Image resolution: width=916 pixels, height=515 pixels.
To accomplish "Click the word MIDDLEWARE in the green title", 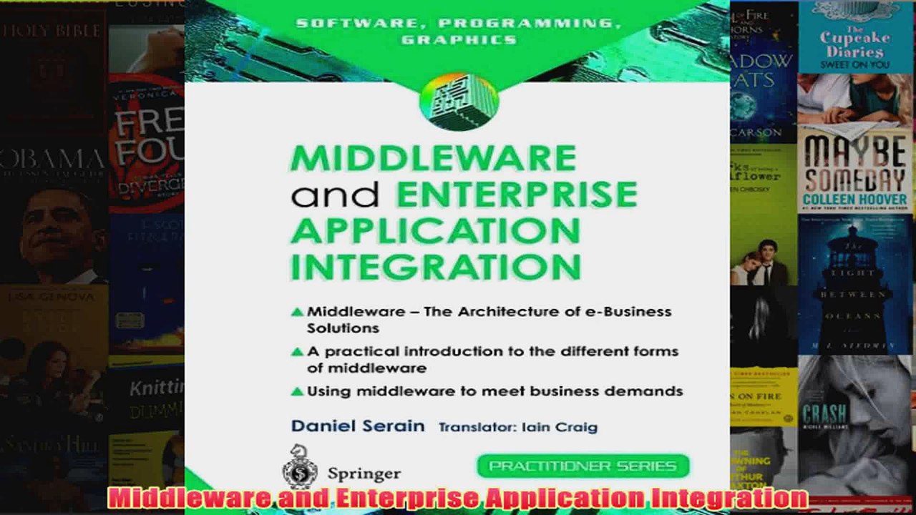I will (433, 158).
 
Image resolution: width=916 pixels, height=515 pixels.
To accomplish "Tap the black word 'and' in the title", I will (335, 194).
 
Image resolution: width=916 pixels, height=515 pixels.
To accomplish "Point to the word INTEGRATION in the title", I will (435, 266).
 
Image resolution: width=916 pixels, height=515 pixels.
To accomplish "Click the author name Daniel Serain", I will (357, 426).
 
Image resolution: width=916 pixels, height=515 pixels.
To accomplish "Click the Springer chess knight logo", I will (300, 467).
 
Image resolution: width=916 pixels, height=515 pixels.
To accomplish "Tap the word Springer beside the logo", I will (364, 474).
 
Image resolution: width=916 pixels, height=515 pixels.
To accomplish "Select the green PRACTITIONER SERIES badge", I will (583, 466).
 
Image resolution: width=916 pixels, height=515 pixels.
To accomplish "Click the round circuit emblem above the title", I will (459, 101).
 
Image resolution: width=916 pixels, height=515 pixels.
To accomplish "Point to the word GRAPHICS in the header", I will (459, 39).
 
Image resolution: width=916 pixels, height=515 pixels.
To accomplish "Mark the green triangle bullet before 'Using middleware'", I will (297, 391).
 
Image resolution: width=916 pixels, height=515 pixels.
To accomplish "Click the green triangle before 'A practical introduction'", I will (297, 352).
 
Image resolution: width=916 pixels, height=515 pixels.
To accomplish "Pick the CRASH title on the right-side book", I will (824, 413).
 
